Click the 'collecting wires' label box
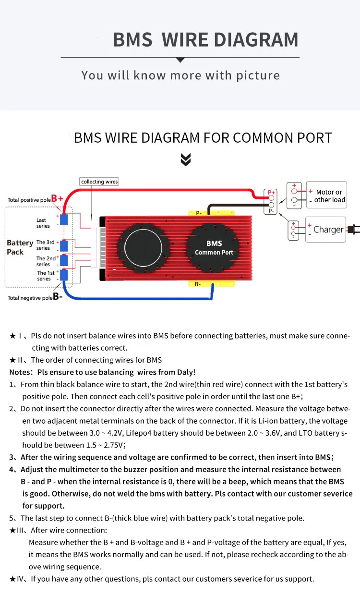pyautogui.click(x=99, y=182)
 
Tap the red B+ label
pyautogui.click(x=58, y=198)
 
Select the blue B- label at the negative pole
pyautogui.click(x=58, y=297)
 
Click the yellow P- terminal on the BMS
pyautogui.click(x=199, y=213)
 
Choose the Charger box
pyautogui.click(x=325, y=229)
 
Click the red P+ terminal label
pyautogui.click(x=271, y=192)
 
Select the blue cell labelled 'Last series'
pyautogui.click(x=64, y=220)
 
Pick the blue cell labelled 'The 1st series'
pyautogui.click(x=64, y=275)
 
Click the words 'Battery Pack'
pyautogui.click(x=20, y=247)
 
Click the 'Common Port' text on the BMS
pyautogui.click(x=214, y=252)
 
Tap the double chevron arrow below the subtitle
pyautogui.click(x=186, y=160)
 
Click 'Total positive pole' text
pyautogui.click(x=29, y=200)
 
